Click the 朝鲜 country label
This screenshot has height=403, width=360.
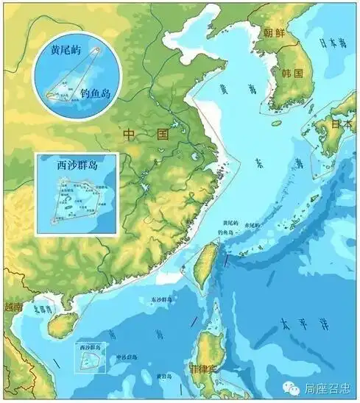click(275, 32)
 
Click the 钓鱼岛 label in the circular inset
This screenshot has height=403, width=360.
click(95, 94)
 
